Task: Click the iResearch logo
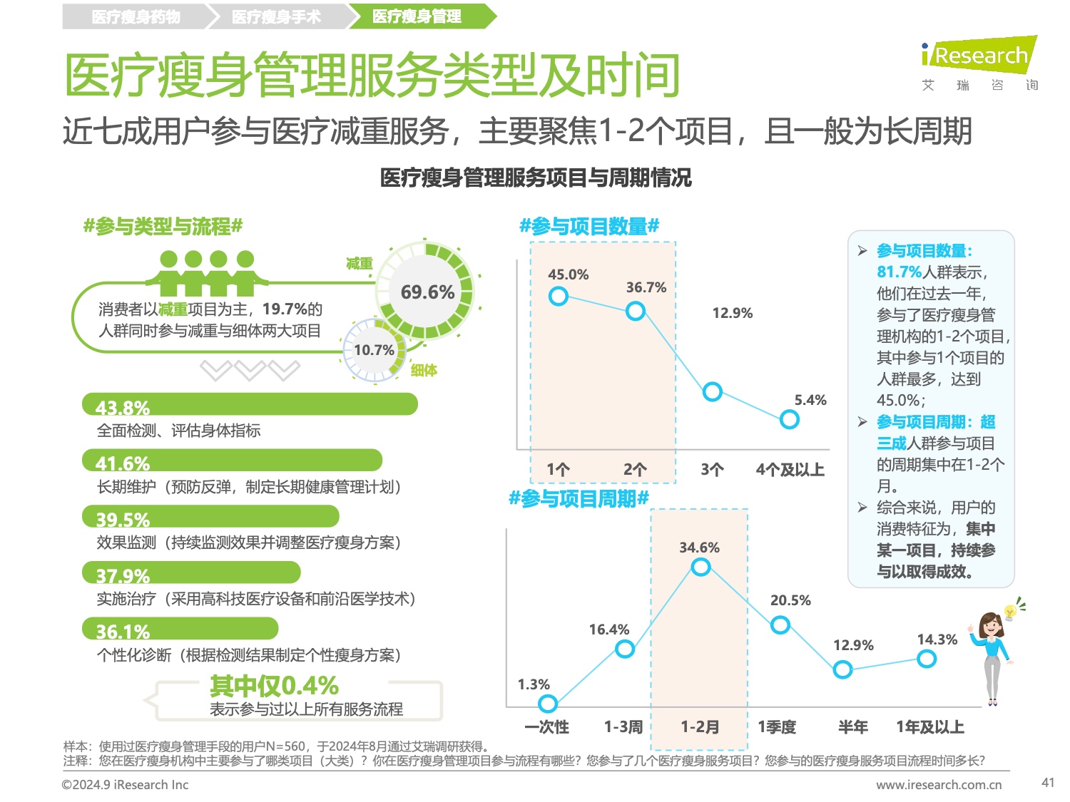(x=979, y=56)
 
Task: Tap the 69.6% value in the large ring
(x=427, y=292)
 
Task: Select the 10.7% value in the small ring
(x=374, y=350)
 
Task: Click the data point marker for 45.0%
(x=559, y=296)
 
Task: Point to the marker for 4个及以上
(x=789, y=419)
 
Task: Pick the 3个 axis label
(x=712, y=469)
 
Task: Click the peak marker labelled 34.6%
(x=700, y=567)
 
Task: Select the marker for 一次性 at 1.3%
(x=548, y=704)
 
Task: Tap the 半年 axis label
(x=852, y=727)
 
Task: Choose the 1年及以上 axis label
(x=930, y=727)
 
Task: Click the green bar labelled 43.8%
(x=250, y=404)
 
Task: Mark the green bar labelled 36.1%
(x=180, y=628)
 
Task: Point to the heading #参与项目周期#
(x=579, y=498)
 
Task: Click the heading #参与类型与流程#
(x=163, y=227)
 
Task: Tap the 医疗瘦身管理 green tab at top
(x=417, y=16)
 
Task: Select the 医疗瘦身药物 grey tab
(x=136, y=16)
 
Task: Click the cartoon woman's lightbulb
(x=1009, y=612)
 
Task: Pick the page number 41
(x=1047, y=783)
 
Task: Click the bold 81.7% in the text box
(x=899, y=272)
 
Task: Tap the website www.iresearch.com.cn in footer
(x=939, y=785)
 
